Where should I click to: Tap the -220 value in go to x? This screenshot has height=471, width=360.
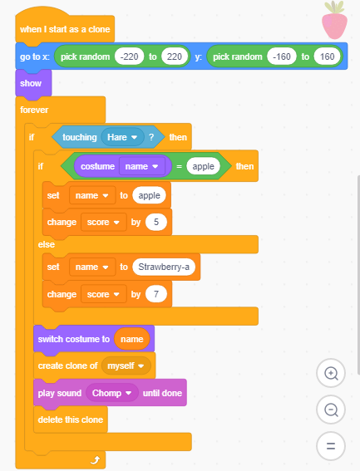[129, 56]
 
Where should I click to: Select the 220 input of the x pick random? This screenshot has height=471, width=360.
[175, 56]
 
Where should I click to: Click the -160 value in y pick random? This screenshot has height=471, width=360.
[282, 56]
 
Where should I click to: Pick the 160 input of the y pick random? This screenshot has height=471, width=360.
[327, 56]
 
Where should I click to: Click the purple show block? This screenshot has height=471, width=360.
[33, 83]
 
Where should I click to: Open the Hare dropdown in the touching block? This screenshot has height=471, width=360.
[122, 137]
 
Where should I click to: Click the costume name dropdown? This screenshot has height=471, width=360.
[142, 166]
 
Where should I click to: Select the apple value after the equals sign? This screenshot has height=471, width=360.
[204, 166]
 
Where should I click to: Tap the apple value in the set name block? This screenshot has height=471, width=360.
[149, 195]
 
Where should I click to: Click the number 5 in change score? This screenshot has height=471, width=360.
[156, 222]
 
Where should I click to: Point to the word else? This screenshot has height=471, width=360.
[47, 244]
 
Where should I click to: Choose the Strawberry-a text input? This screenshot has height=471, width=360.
[164, 267]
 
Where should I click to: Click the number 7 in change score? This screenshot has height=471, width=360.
[156, 294]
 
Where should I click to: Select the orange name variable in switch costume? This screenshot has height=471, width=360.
[131, 339]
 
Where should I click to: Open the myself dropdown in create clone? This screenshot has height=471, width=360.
[126, 366]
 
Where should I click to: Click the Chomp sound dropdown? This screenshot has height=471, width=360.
[111, 393]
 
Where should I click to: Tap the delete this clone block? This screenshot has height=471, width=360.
[71, 419]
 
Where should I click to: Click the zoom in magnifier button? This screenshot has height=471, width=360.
[331, 373]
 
